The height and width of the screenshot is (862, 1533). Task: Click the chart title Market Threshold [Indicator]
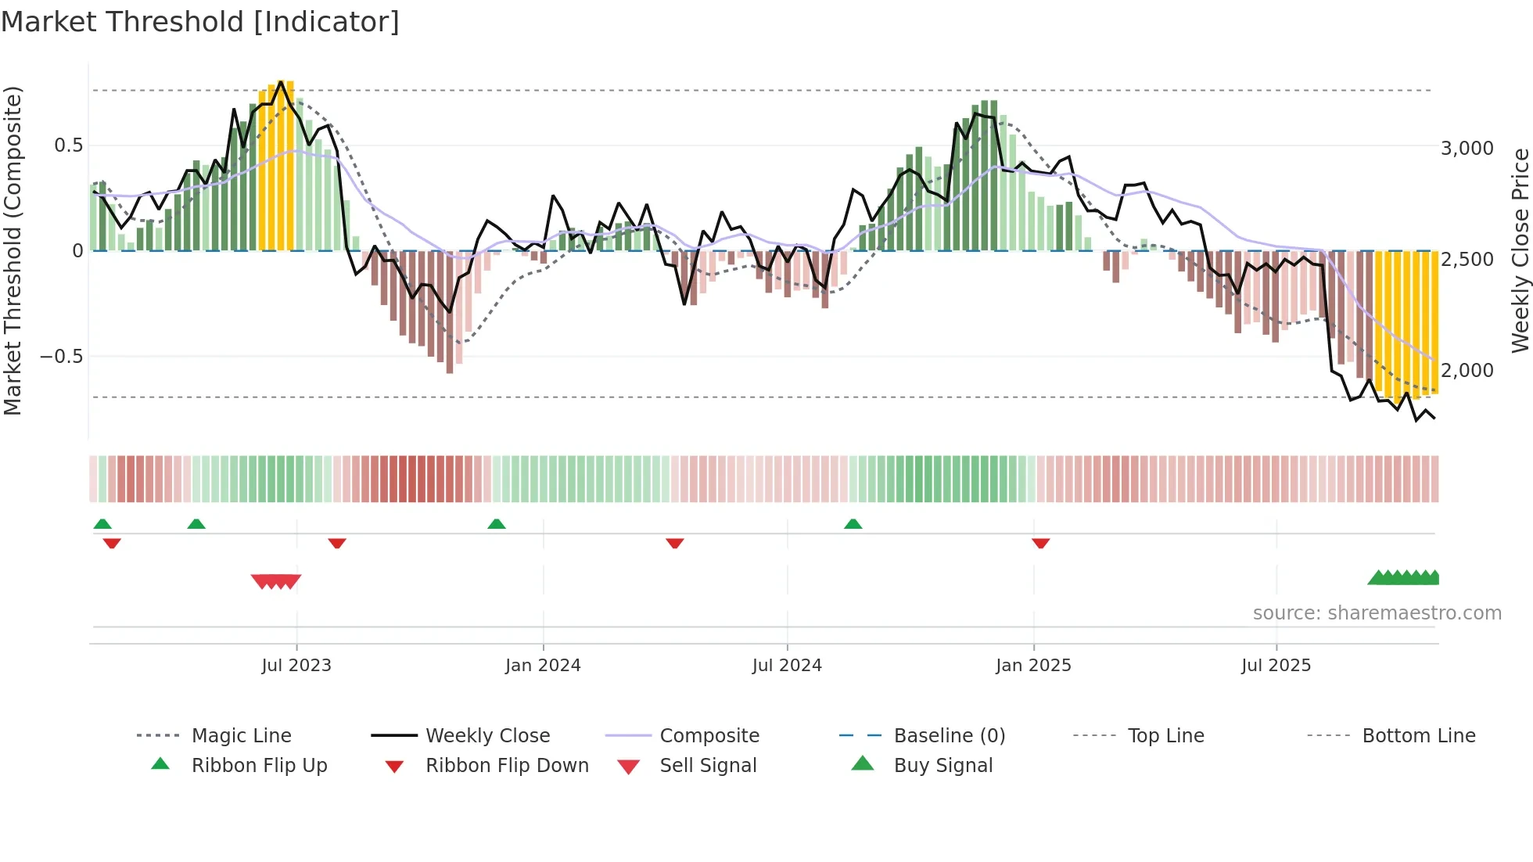[200, 22]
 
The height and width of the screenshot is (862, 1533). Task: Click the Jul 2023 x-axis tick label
[296, 666]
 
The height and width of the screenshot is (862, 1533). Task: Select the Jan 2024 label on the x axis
[543, 666]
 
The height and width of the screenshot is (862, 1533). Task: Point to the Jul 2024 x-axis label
[787, 666]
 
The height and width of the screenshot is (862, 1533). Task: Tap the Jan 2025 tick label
[1033, 666]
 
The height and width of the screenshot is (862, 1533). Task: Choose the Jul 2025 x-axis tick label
[1276, 666]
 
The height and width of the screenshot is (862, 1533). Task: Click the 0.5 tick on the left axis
[69, 145]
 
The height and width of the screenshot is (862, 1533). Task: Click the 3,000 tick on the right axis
[1467, 149]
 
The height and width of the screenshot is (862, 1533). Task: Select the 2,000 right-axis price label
[1467, 371]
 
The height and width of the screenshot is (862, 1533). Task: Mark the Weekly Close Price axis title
[1520, 250]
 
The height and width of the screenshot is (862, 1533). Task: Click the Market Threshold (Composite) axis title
[13, 250]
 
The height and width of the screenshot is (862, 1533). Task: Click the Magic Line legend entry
[241, 736]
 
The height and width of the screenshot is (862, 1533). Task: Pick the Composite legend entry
[709, 736]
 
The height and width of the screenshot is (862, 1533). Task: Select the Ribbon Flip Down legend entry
[506, 766]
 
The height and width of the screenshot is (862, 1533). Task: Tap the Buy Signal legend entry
[942, 766]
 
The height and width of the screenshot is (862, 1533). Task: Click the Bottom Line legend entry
[1418, 736]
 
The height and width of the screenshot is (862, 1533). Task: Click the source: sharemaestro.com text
[1377, 613]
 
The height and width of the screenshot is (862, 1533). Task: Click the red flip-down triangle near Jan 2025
[1040, 543]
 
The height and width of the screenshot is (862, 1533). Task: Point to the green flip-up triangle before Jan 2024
[497, 524]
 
